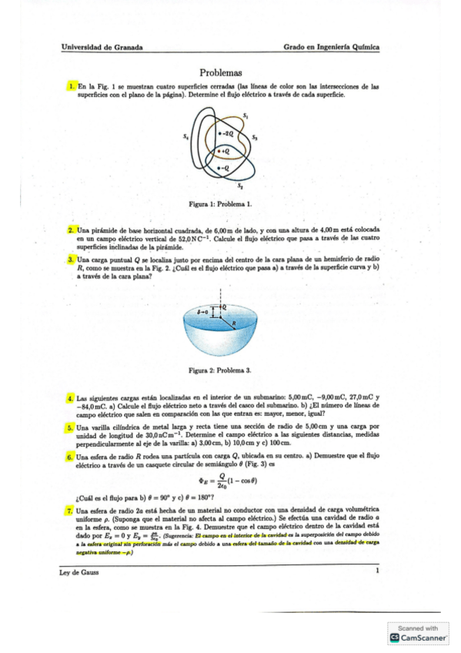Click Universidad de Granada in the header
[x=102, y=47]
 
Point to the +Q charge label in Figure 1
[x=224, y=152]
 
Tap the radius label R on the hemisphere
[x=233, y=323]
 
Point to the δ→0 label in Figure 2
[x=203, y=311]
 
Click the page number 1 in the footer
[x=378, y=571]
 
